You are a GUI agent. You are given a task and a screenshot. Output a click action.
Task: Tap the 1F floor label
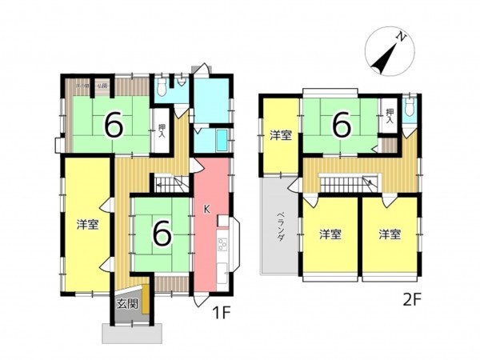[222, 313]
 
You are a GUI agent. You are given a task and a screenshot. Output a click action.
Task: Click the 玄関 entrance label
[126, 303]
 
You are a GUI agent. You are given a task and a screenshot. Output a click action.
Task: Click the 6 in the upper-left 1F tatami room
[113, 124]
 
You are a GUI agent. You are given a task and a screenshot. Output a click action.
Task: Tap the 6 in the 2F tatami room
[342, 125]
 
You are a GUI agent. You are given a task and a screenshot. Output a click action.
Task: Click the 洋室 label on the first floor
[87, 224]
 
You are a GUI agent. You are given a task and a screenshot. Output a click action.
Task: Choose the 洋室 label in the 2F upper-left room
[280, 135]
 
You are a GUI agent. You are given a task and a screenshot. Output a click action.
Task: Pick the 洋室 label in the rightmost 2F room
[390, 234]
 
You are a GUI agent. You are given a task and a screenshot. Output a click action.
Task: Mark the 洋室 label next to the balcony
[330, 234]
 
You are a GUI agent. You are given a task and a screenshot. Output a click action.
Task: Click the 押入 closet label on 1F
[162, 131]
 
